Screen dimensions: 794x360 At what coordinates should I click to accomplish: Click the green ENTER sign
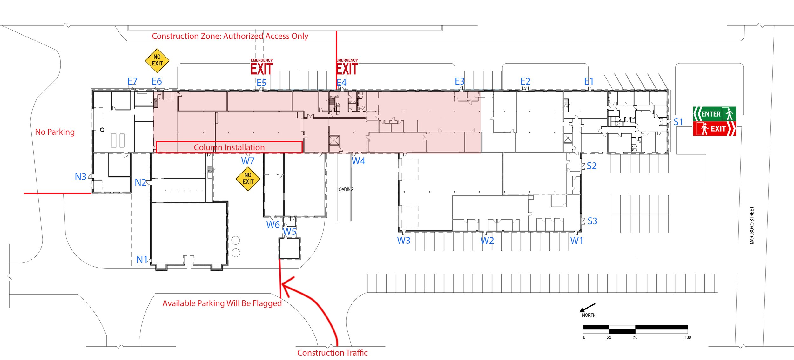714,114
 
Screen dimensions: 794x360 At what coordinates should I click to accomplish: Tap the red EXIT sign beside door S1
714,129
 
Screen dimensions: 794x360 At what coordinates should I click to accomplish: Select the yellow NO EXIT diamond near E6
157,60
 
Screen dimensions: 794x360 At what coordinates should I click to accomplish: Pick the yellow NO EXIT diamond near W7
248,179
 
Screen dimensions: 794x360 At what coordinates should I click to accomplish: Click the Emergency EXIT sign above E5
261,67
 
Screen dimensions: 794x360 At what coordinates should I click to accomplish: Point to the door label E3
459,82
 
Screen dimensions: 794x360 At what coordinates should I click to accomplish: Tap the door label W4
358,161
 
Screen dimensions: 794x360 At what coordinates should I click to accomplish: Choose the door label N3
80,177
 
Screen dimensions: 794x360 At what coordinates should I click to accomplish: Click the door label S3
592,221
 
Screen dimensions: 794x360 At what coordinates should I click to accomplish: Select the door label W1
576,241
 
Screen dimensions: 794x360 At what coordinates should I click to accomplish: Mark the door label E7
132,82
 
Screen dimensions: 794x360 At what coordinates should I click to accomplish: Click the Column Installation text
229,147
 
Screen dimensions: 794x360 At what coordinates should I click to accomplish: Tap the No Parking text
55,132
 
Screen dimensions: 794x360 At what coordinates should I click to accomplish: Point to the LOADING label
345,189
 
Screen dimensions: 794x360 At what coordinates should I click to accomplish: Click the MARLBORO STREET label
752,225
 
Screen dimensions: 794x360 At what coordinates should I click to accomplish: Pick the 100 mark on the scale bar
687,337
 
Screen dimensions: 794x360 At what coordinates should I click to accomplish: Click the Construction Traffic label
332,353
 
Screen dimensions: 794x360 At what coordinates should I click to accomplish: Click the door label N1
142,260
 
